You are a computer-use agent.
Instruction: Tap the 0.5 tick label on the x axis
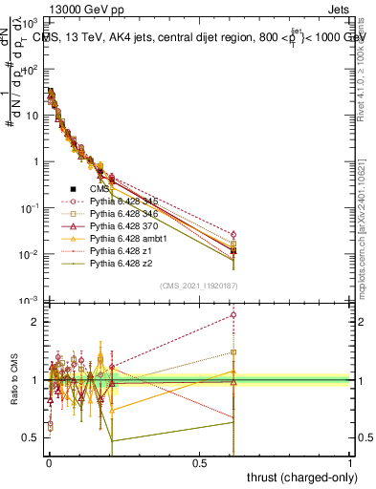tap(199, 462)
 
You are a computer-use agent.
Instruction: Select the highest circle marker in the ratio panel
tap(232, 314)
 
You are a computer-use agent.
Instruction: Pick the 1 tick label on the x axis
tap(350, 462)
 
